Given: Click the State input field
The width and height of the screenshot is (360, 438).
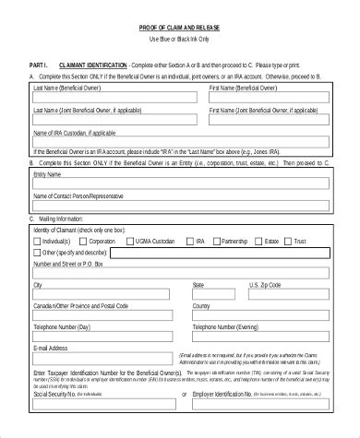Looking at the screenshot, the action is [x=218, y=296].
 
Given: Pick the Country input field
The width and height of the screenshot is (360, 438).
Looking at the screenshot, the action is [x=259, y=316].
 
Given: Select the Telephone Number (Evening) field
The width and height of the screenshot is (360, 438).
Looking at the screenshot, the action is [x=259, y=337].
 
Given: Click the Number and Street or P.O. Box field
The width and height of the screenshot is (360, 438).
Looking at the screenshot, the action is [x=180, y=275].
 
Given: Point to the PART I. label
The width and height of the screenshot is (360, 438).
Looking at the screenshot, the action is [x=42, y=65].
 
